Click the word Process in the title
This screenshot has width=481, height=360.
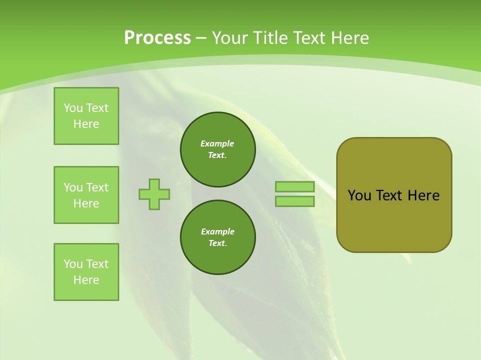(x=157, y=38)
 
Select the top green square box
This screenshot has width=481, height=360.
(x=86, y=116)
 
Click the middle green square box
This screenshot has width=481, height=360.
(x=86, y=195)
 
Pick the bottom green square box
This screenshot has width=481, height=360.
(x=86, y=272)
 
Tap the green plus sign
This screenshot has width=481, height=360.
(x=154, y=194)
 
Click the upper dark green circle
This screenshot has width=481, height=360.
(x=218, y=149)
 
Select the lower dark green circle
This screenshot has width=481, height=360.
(x=218, y=237)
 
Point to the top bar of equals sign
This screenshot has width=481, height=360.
(x=295, y=186)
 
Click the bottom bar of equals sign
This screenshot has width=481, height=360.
(x=295, y=201)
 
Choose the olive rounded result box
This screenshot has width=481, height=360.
(x=394, y=195)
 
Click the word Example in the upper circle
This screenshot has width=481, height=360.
(x=217, y=143)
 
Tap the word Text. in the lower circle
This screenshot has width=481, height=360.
(x=217, y=243)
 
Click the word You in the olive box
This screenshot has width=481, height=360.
(x=360, y=195)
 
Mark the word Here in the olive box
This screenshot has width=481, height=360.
(x=423, y=195)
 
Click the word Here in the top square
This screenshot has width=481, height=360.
(x=86, y=124)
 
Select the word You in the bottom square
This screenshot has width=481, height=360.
(x=73, y=264)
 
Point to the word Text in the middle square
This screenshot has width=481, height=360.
(x=97, y=187)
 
